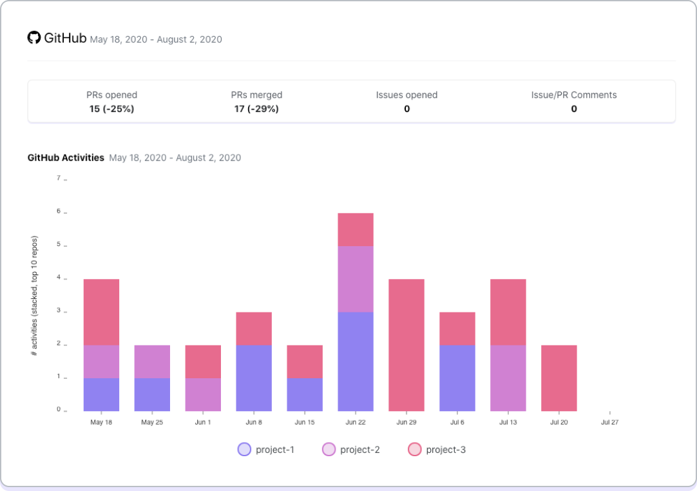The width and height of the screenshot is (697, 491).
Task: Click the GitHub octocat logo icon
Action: tap(34, 37)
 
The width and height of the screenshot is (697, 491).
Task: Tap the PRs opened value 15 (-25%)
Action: tap(111, 109)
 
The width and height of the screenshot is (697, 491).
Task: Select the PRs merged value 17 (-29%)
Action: tap(256, 109)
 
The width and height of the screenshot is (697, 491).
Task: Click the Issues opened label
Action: tap(406, 95)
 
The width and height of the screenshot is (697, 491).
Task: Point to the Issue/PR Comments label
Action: tap(573, 95)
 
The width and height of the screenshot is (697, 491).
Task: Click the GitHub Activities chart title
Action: tap(66, 157)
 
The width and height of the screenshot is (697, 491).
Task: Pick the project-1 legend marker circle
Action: tap(244, 450)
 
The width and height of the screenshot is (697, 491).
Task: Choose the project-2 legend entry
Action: tap(351, 450)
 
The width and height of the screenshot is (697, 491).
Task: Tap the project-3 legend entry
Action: tap(437, 450)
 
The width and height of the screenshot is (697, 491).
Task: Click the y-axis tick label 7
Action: tap(59, 178)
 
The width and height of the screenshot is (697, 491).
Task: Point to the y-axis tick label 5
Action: tap(59, 244)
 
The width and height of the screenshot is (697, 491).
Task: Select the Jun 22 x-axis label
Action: tap(356, 423)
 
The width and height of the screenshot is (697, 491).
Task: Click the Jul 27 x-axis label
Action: tap(610, 423)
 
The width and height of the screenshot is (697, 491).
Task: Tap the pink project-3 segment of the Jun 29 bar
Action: tap(406, 345)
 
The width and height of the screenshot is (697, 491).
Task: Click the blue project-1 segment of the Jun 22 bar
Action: tap(356, 361)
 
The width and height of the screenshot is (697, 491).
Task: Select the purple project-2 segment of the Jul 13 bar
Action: tap(508, 378)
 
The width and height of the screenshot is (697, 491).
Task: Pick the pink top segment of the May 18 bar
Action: tap(101, 312)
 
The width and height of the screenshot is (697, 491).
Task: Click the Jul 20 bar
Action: tap(559, 378)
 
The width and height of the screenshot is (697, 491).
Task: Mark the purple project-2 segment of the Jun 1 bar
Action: tap(203, 394)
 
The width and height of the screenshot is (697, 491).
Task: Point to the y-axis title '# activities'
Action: tap(35, 296)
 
